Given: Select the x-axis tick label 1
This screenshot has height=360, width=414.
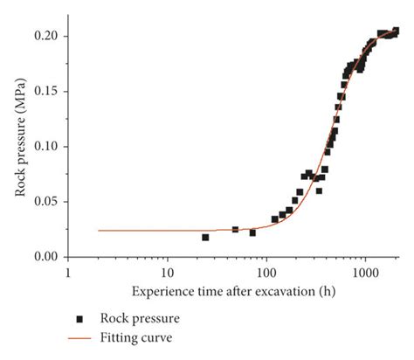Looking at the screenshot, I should [x=68, y=273].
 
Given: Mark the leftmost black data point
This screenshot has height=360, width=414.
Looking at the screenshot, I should [x=205, y=237].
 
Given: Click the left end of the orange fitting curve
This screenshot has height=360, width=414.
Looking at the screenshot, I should [x=99, y=231].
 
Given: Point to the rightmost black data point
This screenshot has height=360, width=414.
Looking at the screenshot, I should [x=396, y=31].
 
